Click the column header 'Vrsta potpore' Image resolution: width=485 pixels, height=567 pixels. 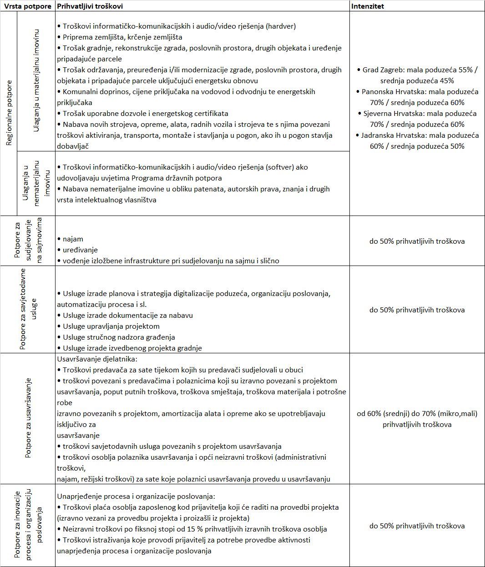[x=27, y=6]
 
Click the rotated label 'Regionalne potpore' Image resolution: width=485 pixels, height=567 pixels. [x=9, y=113]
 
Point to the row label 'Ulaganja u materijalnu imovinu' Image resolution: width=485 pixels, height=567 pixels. [x=36, y=81]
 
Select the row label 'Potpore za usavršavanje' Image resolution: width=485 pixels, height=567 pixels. [x=28, y=417]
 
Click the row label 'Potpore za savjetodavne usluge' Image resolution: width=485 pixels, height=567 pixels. [x=28, y=309]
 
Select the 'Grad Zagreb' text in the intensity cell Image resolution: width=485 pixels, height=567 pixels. [x=383, y=70]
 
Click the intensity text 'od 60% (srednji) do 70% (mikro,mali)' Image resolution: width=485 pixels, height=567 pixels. [x=417, y=414]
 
